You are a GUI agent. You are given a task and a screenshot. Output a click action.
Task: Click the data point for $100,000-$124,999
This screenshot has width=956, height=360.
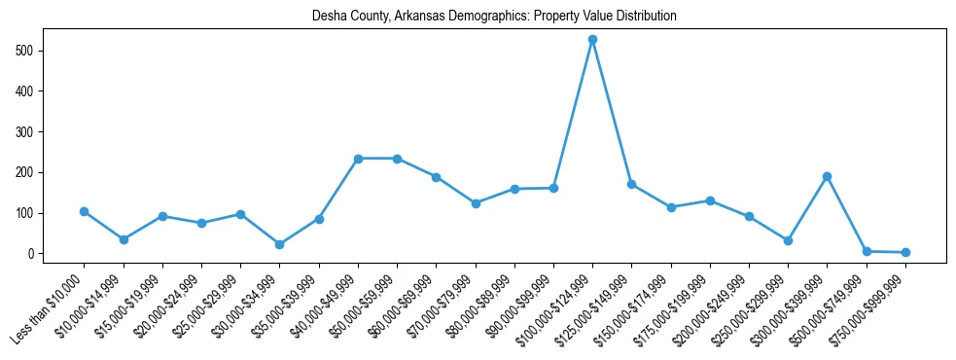[x=592, y=40]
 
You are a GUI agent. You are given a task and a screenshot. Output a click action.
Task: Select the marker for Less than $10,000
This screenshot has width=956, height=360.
[x=85, y=211]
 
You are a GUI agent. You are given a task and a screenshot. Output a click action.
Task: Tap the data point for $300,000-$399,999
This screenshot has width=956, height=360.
[x=827, y=176]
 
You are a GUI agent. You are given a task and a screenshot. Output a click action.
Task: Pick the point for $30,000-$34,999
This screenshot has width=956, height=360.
[x=240, y=244]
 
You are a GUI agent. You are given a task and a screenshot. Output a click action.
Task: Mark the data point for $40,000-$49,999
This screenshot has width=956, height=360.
[x=358, y=159]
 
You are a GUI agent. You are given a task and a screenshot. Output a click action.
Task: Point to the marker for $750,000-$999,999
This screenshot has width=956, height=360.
[x=905, y=252]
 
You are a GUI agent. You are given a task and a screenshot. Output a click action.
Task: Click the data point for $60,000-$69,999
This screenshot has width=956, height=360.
[x=436, y=177]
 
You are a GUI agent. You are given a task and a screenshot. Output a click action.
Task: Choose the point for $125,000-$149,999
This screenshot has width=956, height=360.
[x=631, y=184]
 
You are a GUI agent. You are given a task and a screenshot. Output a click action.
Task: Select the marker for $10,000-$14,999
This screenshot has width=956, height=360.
[x=124, y=239]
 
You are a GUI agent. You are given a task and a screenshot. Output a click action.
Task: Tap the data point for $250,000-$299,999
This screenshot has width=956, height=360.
[x=788, y=240]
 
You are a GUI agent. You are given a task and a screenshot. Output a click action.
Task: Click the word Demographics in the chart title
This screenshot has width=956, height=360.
[x=466, y=17]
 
